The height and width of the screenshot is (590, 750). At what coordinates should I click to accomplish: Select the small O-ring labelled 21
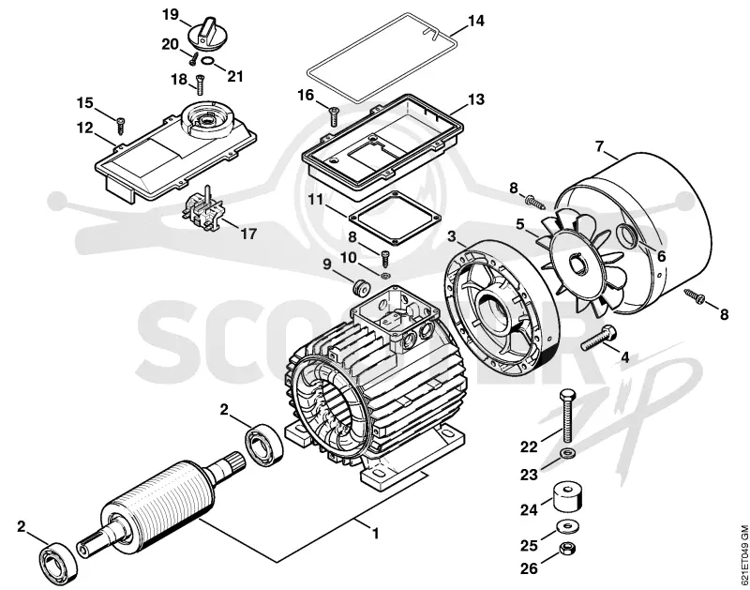207,61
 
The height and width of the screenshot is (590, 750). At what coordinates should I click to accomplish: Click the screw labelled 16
334,115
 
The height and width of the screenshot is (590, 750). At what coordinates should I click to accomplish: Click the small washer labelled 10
384,275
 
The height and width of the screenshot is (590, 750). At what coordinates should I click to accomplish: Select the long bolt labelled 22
567,416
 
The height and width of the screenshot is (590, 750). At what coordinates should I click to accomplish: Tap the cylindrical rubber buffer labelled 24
567,497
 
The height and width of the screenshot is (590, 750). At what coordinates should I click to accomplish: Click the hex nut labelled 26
567,548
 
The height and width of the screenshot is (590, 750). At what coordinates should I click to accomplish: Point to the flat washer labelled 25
567,526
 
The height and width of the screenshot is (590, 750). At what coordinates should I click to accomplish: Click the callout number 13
476,99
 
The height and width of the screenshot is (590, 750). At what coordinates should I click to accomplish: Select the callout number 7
600,146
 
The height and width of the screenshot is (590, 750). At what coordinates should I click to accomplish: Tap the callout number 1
376,533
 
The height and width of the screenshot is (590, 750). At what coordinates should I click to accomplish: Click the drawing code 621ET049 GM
743,555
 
